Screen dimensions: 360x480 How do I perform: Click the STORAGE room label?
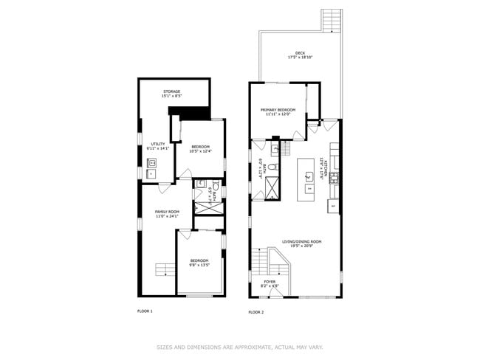point(171,91)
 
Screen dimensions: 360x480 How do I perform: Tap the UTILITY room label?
point(158,144)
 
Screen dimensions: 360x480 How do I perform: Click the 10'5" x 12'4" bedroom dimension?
point(201,151)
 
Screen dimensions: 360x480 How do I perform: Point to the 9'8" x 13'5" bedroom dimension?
point(199,265)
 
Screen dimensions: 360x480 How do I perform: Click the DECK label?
point(300,53)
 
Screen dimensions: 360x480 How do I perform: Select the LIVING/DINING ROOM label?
point(302,241)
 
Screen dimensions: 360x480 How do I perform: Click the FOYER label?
point(270,281)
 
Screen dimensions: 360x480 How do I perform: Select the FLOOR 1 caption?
point(145,311)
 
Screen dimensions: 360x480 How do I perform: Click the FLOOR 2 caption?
point(256,312)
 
